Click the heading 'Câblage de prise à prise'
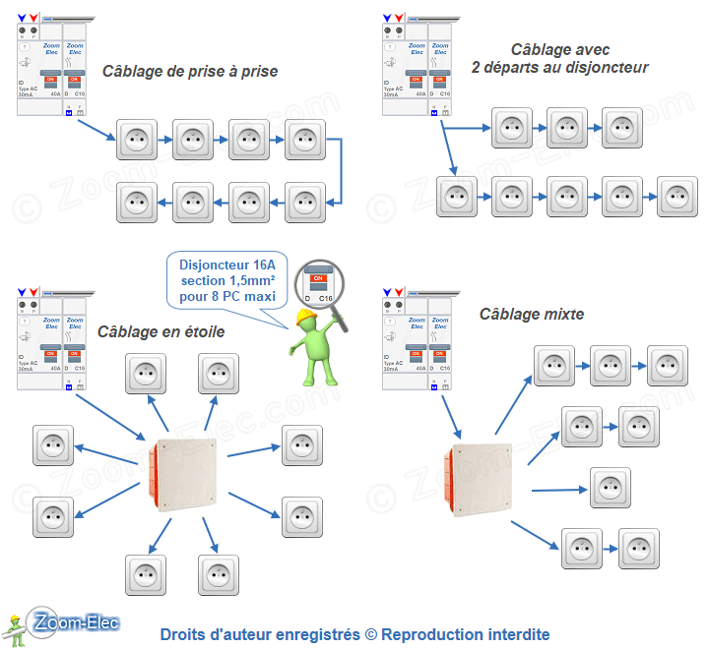tap(190, 71)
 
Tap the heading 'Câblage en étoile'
tap(161, 331)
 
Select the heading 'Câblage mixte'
tap(531, 314)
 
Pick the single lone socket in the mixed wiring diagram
tap(611, 488)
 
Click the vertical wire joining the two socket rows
tap(340, 169)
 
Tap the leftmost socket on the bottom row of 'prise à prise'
tap(138, 202)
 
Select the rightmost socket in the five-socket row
tap(678, 197)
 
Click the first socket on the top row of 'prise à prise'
tap(138, 140)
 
